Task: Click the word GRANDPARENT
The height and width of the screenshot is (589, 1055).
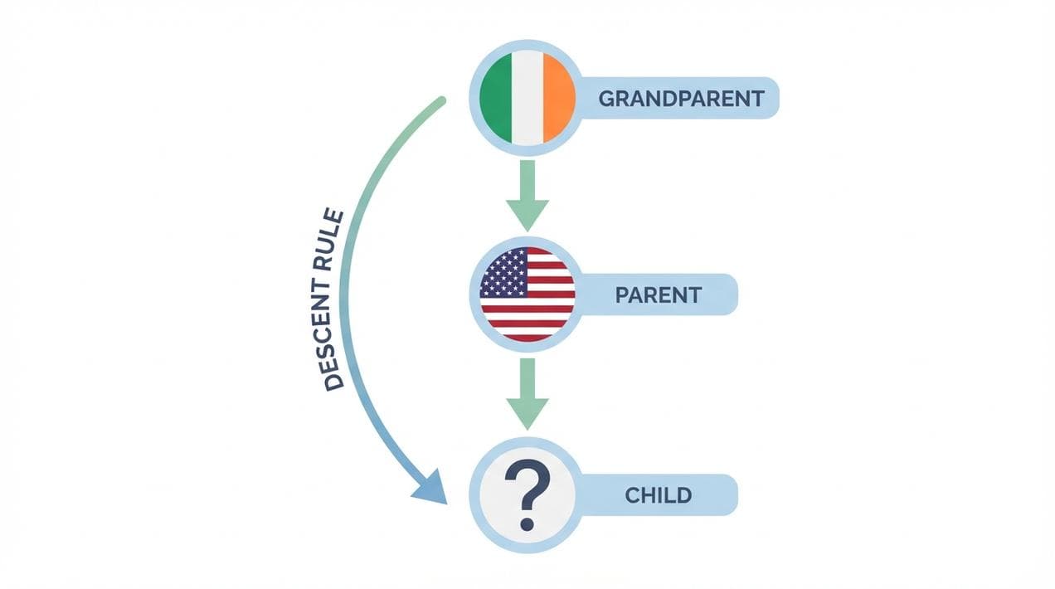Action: tap(681, 99)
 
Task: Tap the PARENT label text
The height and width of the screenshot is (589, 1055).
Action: tap(659, 294)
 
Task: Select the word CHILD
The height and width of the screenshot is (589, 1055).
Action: tap(658, 495)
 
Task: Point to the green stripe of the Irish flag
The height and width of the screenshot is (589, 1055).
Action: tap(497, 99)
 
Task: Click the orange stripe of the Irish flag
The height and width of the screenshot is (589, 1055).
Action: tap(559, 99)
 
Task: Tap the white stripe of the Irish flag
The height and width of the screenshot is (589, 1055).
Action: tap(527, 99)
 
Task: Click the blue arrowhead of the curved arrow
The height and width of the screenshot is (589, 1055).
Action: tap(430, 486)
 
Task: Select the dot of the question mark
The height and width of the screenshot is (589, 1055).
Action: tap(527, 523)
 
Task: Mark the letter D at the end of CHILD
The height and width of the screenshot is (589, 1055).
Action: tap(683, 495)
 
